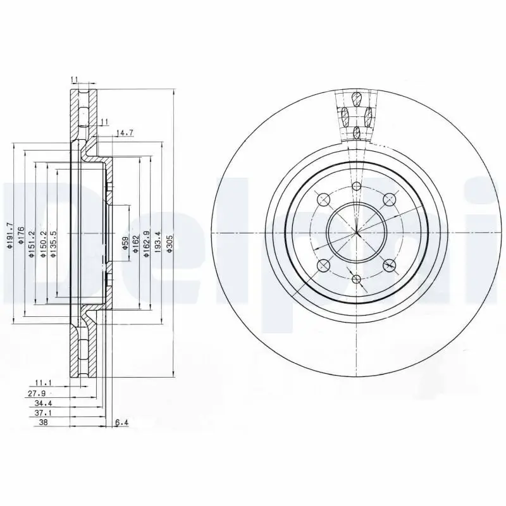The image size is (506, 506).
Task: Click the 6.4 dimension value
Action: tap(121, 423)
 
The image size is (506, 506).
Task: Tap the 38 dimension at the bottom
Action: tap(44, 423)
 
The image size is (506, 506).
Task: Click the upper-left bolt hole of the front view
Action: tap(324, 201)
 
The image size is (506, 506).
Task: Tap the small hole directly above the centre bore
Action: tap(357, 186)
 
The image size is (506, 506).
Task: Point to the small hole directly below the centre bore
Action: tap(357, 279)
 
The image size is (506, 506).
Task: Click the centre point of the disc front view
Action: tap(357, 233)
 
